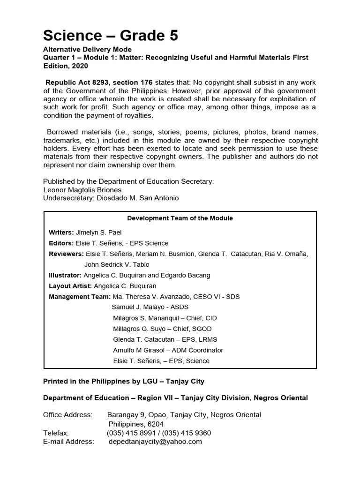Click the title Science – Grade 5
point(111,35)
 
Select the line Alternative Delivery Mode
point(87,50)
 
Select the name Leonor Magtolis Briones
point(82,190)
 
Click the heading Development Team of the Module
point(180,218)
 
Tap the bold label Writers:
point(61,232)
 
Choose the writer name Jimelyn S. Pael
point(101,232)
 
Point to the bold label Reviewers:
point(66,254)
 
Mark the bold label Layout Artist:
point(70,286)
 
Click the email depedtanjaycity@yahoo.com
point(155,442)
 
